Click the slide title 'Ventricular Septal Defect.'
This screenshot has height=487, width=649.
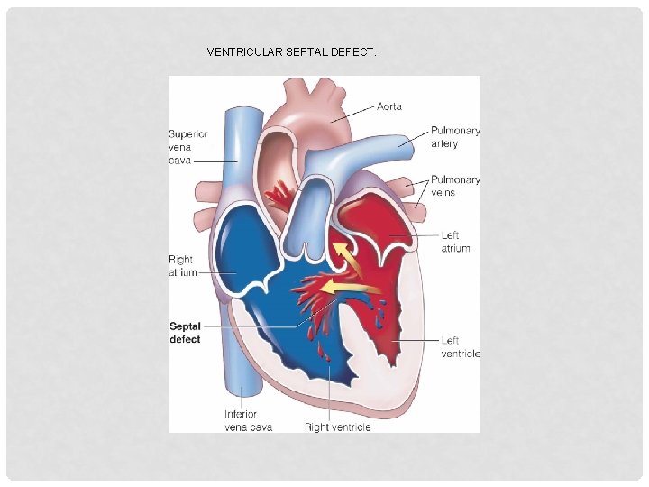tap(291, 52)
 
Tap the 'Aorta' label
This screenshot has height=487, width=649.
tap(389, 106)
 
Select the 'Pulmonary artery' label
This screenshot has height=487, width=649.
tap(455, 137)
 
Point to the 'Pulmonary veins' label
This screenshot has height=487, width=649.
tap(455, 186)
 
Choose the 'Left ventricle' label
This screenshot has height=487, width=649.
tap(461, 346)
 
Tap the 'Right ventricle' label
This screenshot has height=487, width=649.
tap(337, 427)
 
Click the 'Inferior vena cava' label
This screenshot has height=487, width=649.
tap(248, 420)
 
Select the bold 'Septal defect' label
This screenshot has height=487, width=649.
tap(185, 333)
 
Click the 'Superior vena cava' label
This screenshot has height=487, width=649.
tap(187, 147)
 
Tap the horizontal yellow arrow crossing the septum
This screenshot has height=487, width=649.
tap(352, 288)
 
